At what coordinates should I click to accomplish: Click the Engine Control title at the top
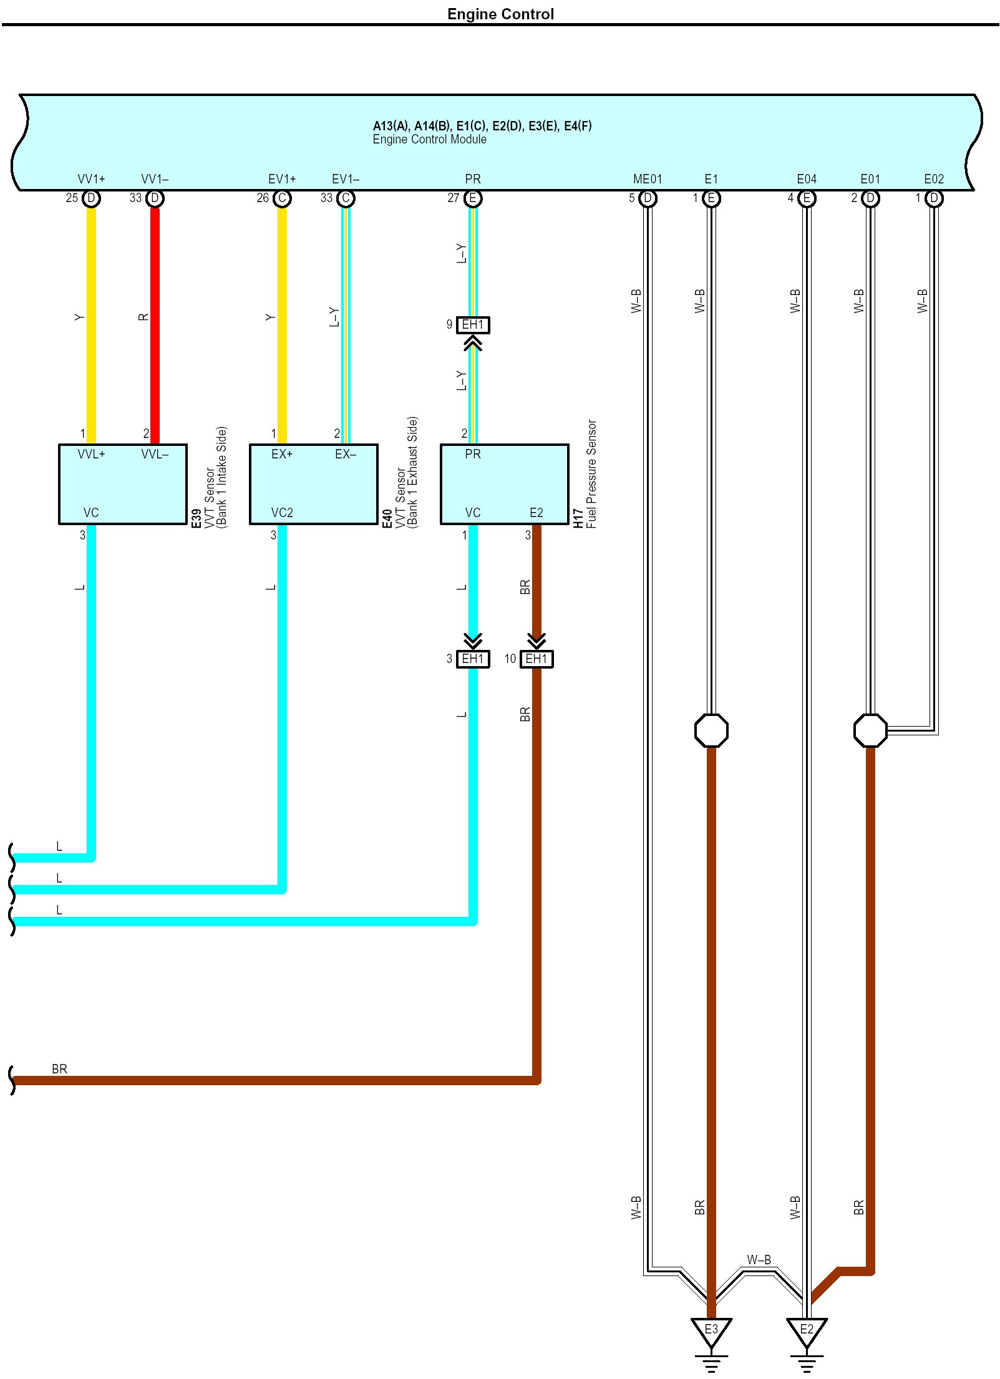point(500,14)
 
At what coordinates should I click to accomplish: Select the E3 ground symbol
point(711,1330)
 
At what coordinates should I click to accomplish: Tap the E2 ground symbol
point(807,1330)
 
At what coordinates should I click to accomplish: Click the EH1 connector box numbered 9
point(473,325)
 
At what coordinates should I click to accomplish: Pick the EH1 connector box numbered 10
point(536,659)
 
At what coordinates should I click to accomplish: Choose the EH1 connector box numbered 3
point(473,659)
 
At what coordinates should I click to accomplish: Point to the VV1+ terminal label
point(91,179)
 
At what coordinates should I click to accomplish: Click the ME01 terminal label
point(648,179)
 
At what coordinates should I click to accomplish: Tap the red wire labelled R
point(155,324)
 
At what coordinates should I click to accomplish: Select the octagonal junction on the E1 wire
point(711,730)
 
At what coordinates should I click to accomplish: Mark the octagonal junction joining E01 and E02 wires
point(870,730)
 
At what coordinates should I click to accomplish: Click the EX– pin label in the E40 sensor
point(346,454)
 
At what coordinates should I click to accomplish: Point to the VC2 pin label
point(282,513)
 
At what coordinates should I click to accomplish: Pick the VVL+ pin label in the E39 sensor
point(91,454)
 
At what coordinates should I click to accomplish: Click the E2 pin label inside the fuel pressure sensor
point(536,513)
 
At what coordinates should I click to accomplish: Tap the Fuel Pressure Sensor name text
point(591,474)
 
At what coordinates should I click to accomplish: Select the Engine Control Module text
point(429,139)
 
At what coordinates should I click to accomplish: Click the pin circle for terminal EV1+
point(282,198)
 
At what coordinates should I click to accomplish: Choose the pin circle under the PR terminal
point(473,198)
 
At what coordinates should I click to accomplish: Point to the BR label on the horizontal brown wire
point(59,1068)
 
